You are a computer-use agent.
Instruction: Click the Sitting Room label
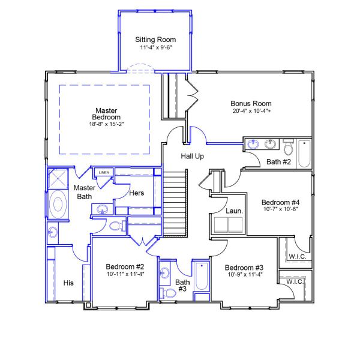[x=155, y=40]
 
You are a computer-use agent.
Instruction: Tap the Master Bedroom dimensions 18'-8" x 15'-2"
[x=107, y=124]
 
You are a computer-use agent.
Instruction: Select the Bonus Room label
[x=251, y=104]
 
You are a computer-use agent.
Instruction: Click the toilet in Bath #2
[x=288, y=147]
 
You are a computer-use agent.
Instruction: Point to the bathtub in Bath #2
[x=304, y=154]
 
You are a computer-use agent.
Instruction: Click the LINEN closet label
[x=104, y=172]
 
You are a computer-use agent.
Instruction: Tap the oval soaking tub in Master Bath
[x=58, y=203]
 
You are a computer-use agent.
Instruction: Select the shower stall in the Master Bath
[x=58, y=179]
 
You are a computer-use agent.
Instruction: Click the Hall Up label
[x=193, y=157]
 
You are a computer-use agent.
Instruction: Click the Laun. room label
[x=234, y=211]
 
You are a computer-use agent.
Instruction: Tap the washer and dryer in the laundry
[x=228, y=225]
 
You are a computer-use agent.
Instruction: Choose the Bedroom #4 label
[x=281, y=203]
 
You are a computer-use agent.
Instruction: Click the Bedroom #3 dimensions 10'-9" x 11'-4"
[x=245, y=274]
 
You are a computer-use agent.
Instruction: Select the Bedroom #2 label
[x=125, y=267]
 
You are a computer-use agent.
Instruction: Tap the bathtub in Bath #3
[x=202, y=276]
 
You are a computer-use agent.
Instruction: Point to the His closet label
[x=68, y=283]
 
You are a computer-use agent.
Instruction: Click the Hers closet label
[x=137, y=193]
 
